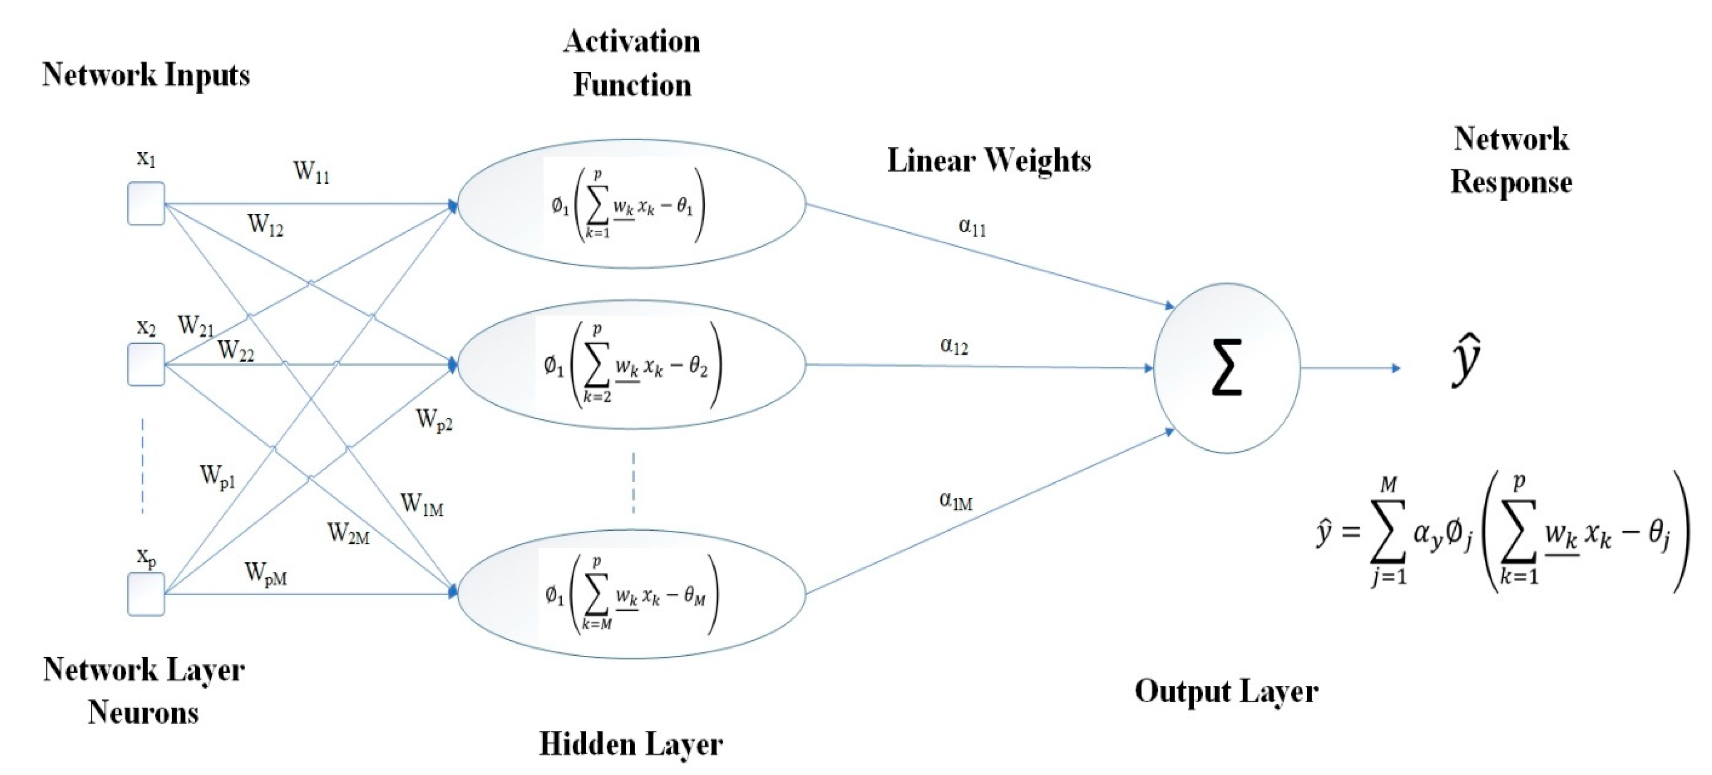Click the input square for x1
coord(145,203)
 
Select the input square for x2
coord(145,364)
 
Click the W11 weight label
coord(311,172)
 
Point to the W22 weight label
coord(236,350)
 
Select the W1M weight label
coord(421,505)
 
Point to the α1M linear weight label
coord(956,501)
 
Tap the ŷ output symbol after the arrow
coord(1466,360)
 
